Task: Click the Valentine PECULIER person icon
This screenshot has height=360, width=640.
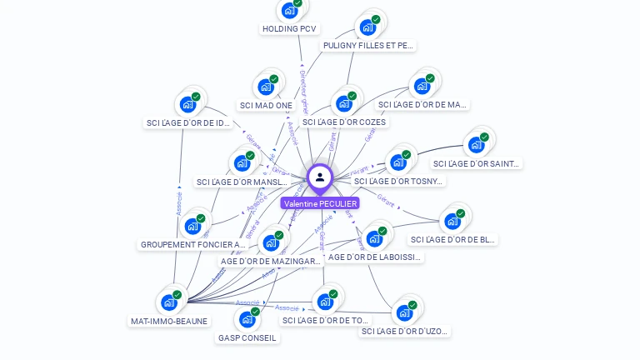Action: [x=320, y=177]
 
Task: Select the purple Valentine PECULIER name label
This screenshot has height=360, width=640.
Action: [x=320, y=203]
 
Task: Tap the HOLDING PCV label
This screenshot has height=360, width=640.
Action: [x=289, y=28]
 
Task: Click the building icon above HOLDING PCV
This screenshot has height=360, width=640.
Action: [x=289, y=11]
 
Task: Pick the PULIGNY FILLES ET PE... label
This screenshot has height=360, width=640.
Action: [x=368, y=46]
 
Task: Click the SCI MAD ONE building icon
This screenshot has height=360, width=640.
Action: [x=266, y=87]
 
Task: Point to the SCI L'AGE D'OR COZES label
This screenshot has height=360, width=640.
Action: [x=344, y=122]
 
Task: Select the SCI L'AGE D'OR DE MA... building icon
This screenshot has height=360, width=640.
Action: [x=422, y=86]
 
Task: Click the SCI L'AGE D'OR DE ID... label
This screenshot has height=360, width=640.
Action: [x=188, y=122]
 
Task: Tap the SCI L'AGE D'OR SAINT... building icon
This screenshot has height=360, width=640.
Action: [x=476, y=144]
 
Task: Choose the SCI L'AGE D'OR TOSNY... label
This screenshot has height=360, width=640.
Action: [x=398, y=181]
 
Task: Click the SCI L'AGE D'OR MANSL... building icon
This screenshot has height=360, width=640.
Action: [x=242, y=162]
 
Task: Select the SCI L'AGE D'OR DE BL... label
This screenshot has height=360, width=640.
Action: [x=453, y=239]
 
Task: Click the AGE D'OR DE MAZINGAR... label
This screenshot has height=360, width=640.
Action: [x=270, y=261]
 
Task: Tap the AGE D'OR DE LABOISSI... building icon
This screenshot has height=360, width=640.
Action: [x=374, y=238]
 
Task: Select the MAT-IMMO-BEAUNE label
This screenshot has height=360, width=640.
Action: [x=169, y=321]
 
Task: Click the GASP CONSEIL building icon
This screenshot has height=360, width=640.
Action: [x=247, y=319]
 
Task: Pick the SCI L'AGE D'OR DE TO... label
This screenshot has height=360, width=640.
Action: [x=325, y=320]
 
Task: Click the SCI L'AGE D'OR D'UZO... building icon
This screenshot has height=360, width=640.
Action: [x=404, y=313]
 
